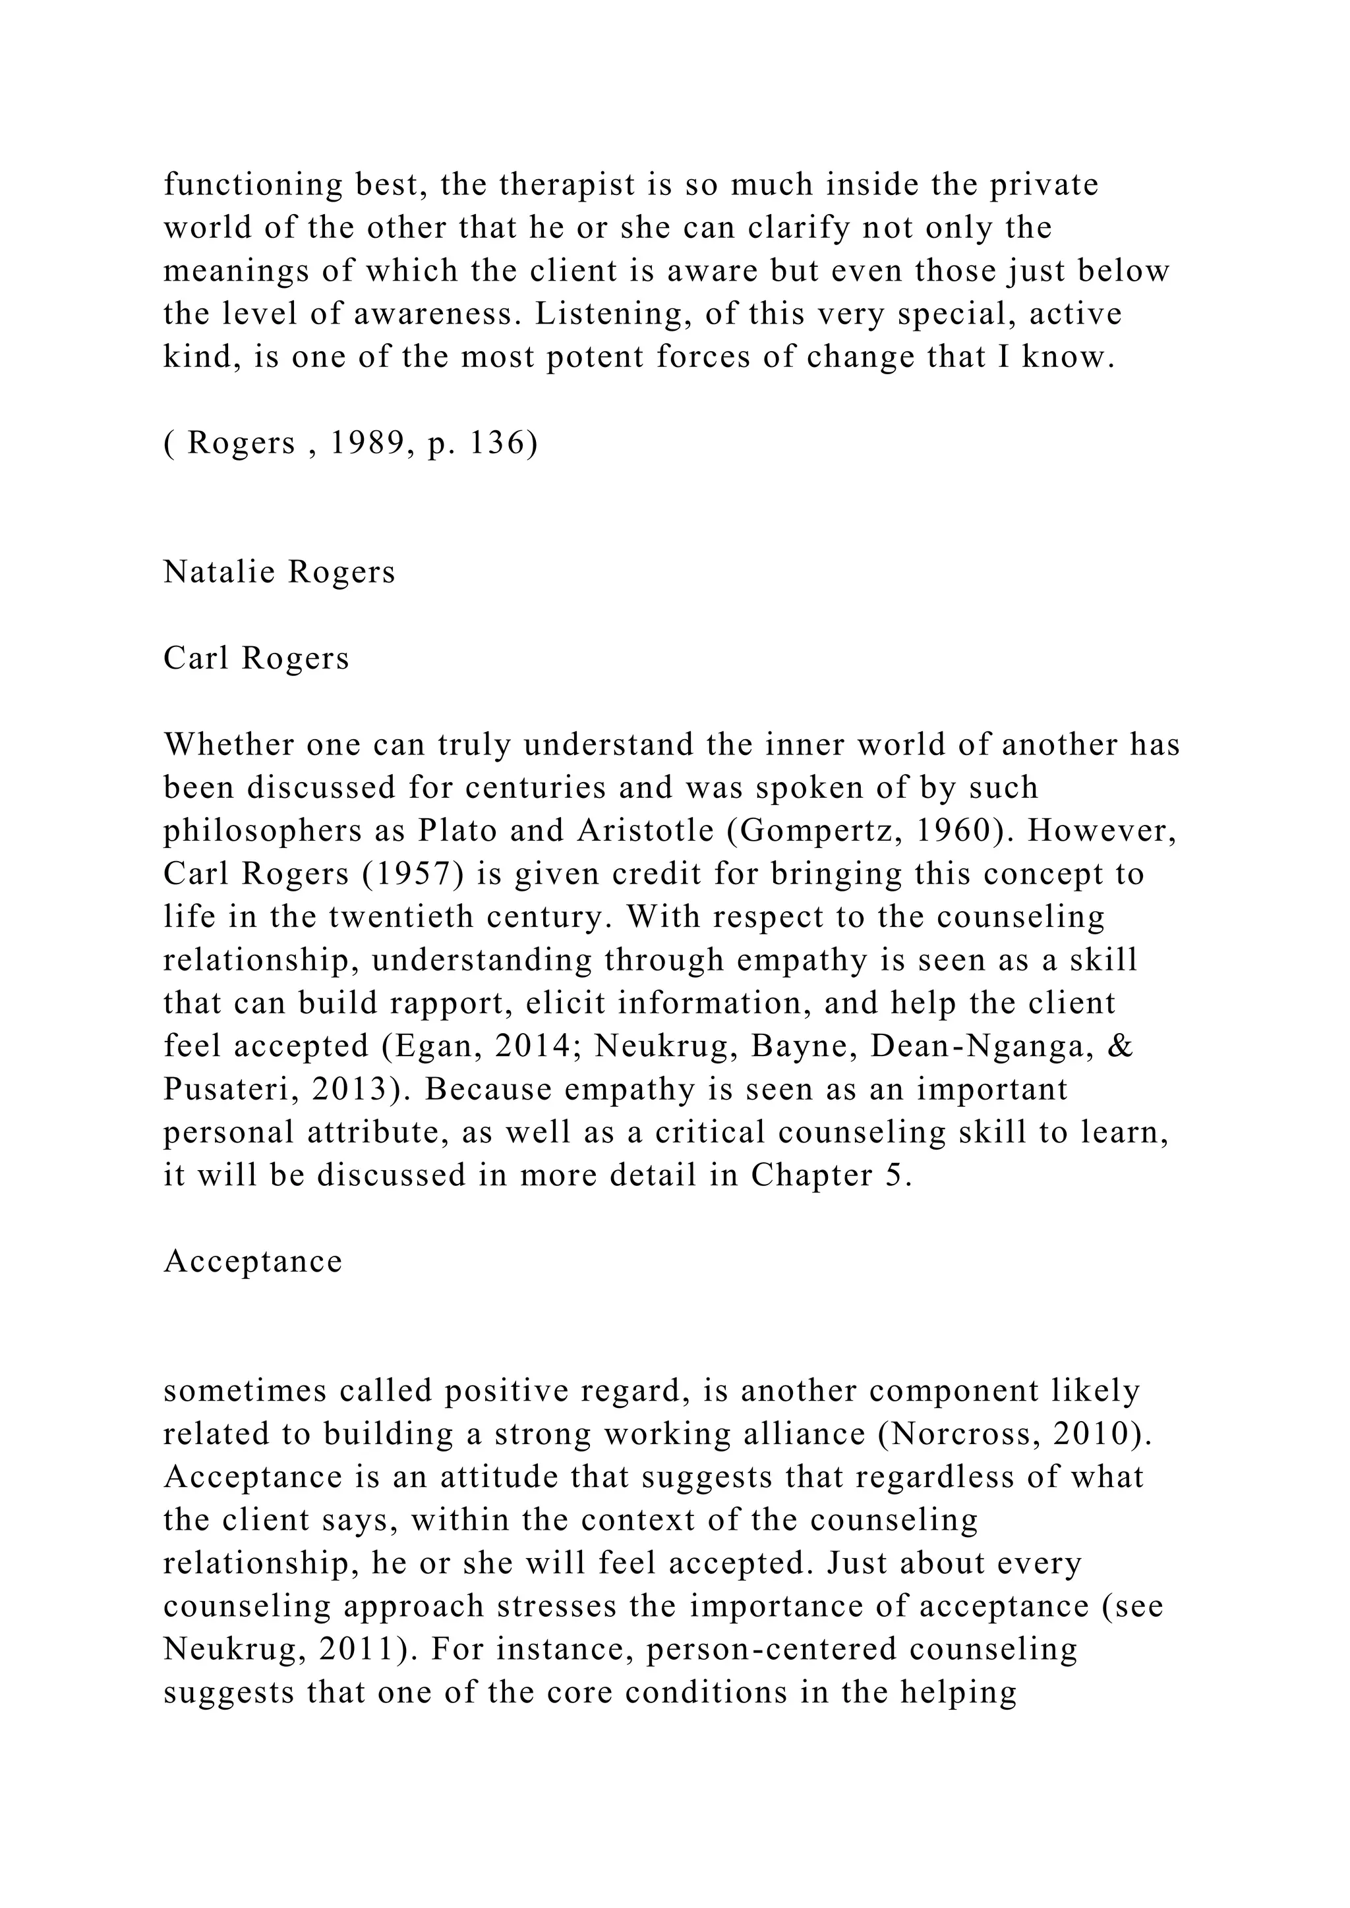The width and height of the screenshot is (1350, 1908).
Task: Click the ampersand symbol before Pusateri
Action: (x=1121, y=1046)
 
